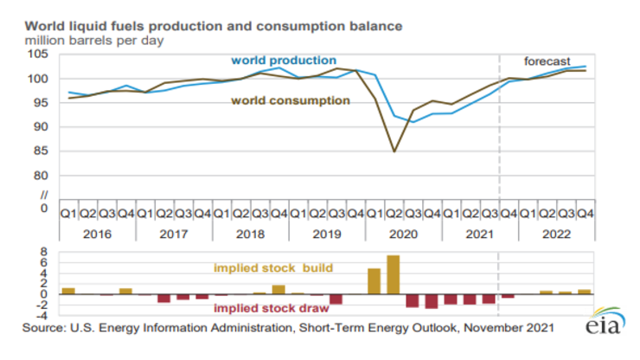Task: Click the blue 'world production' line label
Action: [283, 61]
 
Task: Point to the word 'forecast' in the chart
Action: [547, 61]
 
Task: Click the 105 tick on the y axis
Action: [40, 55]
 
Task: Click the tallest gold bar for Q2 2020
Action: [394, 274]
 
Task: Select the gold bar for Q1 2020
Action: [374, 281]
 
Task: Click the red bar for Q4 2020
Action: [432, 301]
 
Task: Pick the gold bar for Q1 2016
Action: [68, 291]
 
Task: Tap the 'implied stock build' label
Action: [261, 268]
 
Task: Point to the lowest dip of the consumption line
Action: [394, 151]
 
